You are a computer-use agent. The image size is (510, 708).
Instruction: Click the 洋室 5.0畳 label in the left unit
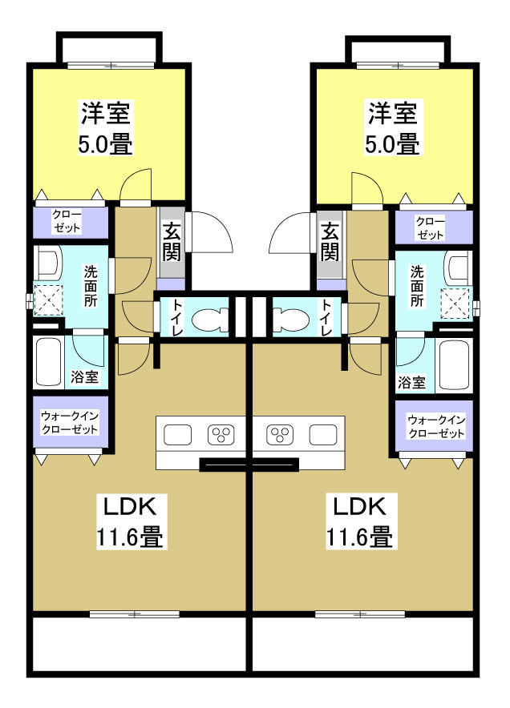105,127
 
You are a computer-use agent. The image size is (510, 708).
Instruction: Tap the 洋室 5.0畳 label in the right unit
393,127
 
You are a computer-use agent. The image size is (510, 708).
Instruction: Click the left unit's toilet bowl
212,318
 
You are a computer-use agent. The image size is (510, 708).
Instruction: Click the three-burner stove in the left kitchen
219,435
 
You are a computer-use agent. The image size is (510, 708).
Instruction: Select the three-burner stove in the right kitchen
280,435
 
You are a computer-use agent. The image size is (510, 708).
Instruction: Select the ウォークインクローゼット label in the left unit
70,422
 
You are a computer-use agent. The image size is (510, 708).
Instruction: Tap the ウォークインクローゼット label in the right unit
435,426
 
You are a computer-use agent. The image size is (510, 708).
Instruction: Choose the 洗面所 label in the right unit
417,286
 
